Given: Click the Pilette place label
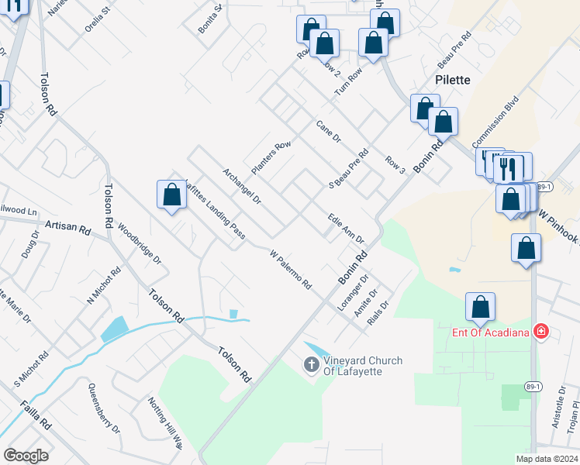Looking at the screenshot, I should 452,80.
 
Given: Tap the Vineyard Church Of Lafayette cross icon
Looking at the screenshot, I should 312,363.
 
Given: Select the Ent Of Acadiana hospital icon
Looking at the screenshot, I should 541,332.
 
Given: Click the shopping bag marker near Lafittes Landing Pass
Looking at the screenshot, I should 171,195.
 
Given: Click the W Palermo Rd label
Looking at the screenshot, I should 290,269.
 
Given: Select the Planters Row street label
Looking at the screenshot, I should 270,157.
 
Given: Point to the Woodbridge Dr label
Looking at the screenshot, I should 140,245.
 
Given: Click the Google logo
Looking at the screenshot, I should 26,456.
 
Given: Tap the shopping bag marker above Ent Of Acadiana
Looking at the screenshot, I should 480,307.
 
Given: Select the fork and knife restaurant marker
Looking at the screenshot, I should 509,166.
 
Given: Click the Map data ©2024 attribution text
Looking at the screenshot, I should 547,459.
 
